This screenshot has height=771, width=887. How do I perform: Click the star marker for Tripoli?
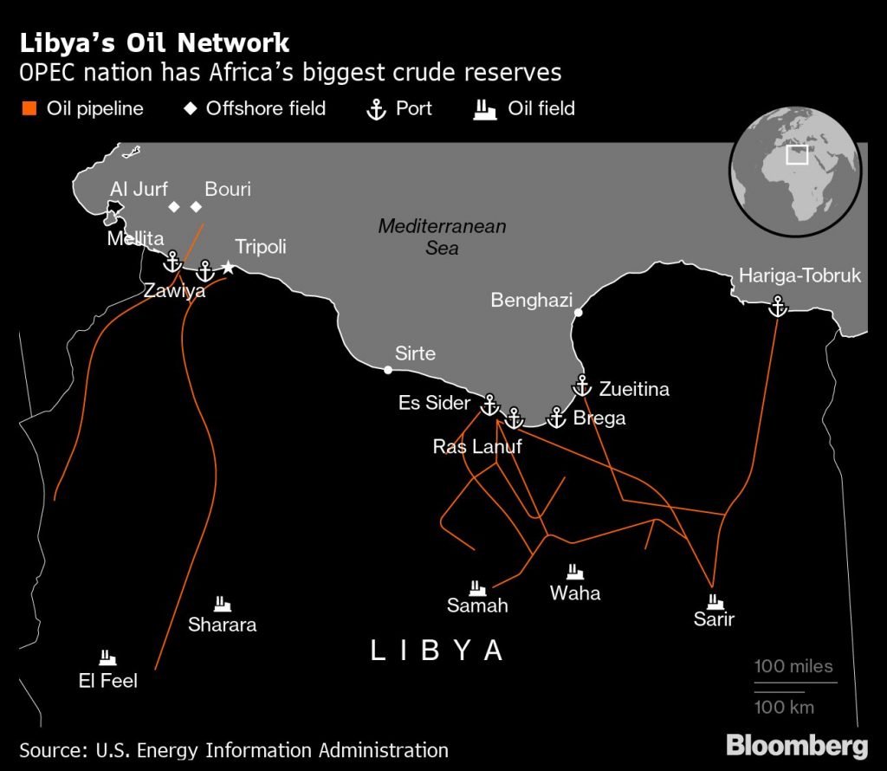tap(228, 269)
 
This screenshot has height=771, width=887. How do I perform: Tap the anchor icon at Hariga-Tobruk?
tap(778, 305)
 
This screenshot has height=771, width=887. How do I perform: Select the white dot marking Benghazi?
tap(578, 312)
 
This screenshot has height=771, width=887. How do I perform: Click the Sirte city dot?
tap(388, 370)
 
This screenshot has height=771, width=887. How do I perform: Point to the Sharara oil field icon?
tap(222, 603)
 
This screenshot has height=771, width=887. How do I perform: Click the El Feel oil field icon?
tap(107, 658)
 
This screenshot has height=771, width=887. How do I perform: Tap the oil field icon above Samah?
tap(476, 586)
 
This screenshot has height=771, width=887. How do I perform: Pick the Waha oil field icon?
tap(574, 572)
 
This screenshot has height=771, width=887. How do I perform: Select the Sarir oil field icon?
tap(715, 599)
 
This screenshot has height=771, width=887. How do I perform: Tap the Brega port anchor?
tap(556, 418)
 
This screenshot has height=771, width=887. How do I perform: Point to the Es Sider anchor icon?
tap(489, 403)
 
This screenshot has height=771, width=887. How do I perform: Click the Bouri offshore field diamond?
tap(196, 206)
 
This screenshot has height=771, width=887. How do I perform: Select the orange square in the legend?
tap(29, 109)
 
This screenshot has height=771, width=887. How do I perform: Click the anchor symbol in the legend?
tap(377, 109)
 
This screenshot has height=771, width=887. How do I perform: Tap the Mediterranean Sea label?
tap(442, 236)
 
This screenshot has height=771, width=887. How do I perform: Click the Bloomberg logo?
tap(796, 745)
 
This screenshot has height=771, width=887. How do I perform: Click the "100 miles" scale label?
tap(793, 666)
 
